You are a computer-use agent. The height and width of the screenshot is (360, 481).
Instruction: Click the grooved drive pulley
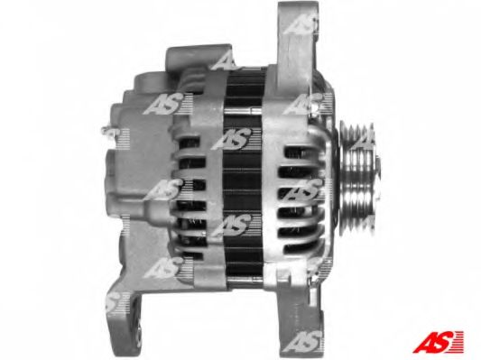pos(359,179)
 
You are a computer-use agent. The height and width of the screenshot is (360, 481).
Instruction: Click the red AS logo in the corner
pos(438,342)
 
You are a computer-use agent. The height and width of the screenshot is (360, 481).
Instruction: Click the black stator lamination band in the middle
pos(243,178)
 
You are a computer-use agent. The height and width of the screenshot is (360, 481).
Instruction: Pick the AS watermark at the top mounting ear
pos(300,24)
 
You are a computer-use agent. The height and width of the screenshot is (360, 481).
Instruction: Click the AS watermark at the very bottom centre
pos(303,341)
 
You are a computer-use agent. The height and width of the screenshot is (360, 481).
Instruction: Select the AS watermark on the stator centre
pos(233,139)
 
